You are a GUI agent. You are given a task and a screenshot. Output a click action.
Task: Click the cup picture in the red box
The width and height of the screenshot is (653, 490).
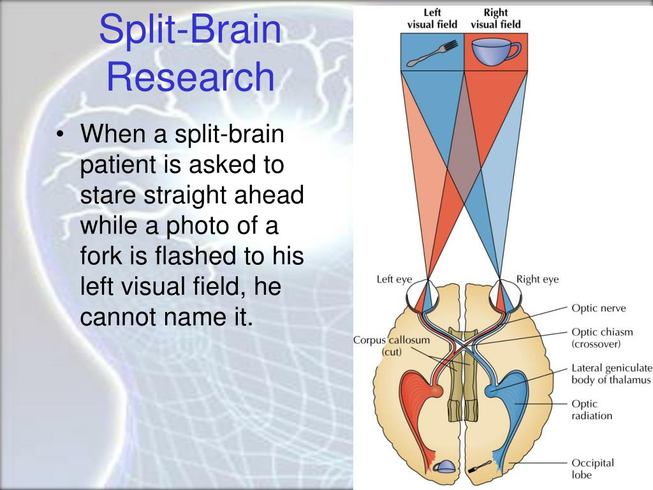click(495, 52)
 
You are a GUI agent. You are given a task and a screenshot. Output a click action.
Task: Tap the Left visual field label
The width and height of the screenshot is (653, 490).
click(432, 19)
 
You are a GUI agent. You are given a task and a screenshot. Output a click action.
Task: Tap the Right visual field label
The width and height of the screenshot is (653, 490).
click(495, 19)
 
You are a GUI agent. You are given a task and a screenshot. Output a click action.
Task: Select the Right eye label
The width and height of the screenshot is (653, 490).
click(537, 279)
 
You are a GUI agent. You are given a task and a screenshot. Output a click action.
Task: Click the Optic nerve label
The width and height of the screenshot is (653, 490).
click(598, 309)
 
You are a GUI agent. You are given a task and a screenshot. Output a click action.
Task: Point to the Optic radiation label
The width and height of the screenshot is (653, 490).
click(592, 410)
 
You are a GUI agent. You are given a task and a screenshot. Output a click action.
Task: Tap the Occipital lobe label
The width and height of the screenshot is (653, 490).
click(592, 468)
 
